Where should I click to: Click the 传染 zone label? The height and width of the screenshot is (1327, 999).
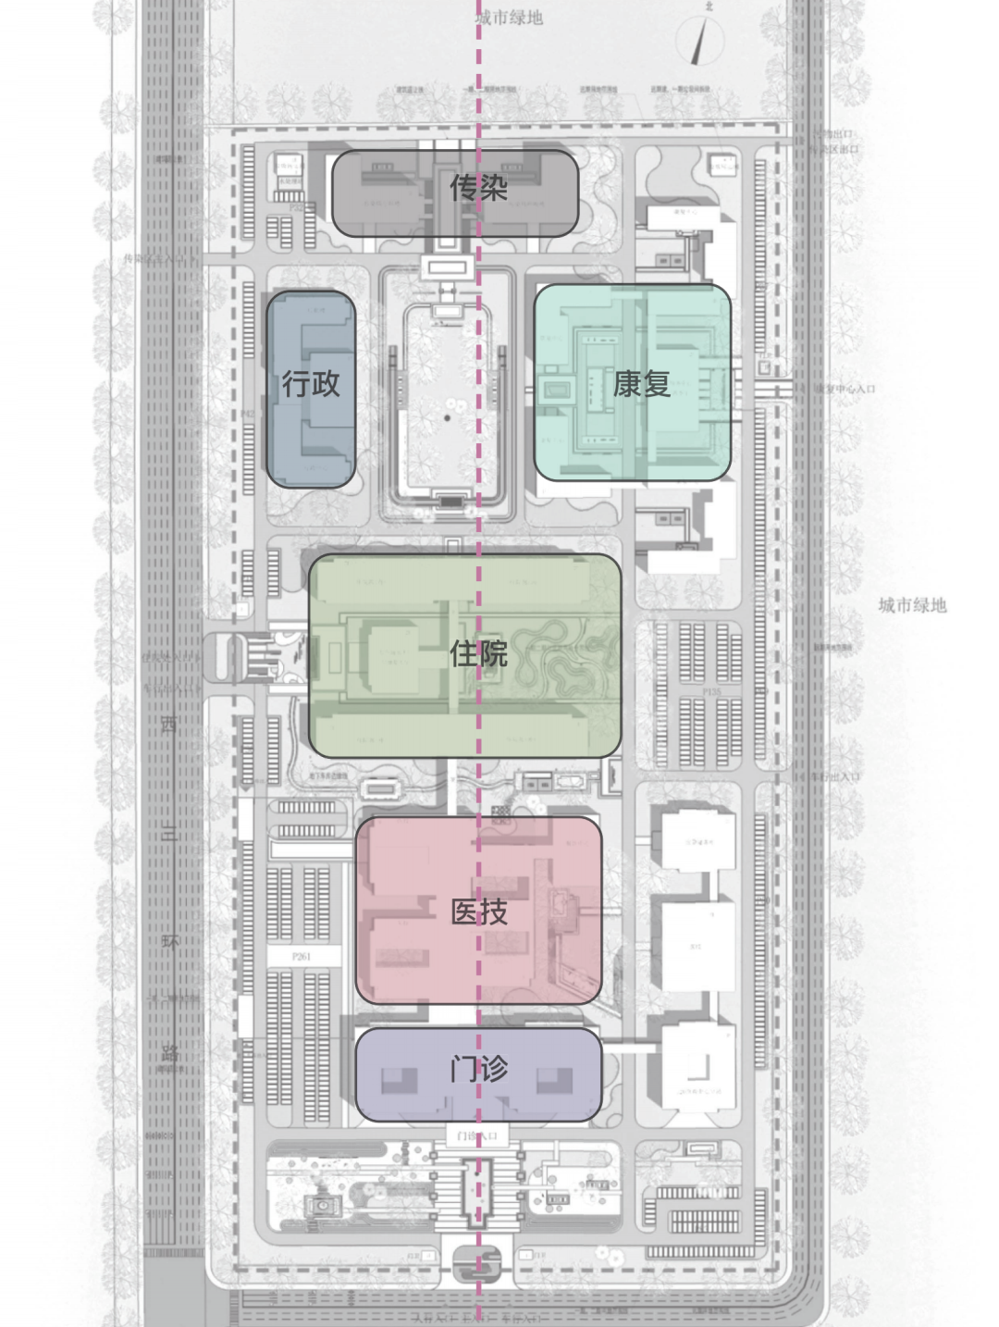point(478,189)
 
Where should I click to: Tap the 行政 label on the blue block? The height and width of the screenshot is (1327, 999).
point(311,383)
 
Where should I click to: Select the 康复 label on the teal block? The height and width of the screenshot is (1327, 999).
point(640,383)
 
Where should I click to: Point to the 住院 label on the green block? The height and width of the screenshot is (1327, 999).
point(478,654)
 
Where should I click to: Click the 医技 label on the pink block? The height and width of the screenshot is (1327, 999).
point(478,912)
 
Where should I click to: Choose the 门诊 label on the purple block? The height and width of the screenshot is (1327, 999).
point(478,1070)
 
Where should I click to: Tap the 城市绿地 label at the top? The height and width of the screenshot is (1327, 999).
point(509,18)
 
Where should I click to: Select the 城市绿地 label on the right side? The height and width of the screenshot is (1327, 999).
point(912,605)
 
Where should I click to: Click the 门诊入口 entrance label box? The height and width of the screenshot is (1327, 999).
point(478,1135)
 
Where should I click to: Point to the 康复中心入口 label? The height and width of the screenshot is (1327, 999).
point(844,389)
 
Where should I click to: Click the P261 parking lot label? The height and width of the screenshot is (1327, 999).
point(302,956)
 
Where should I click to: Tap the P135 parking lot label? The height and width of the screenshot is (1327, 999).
point(710,691)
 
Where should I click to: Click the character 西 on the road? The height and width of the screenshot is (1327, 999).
point(169,725)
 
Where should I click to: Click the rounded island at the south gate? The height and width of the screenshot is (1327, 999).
point(478,1260)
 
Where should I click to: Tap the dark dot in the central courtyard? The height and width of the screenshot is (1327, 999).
point(448,418)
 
